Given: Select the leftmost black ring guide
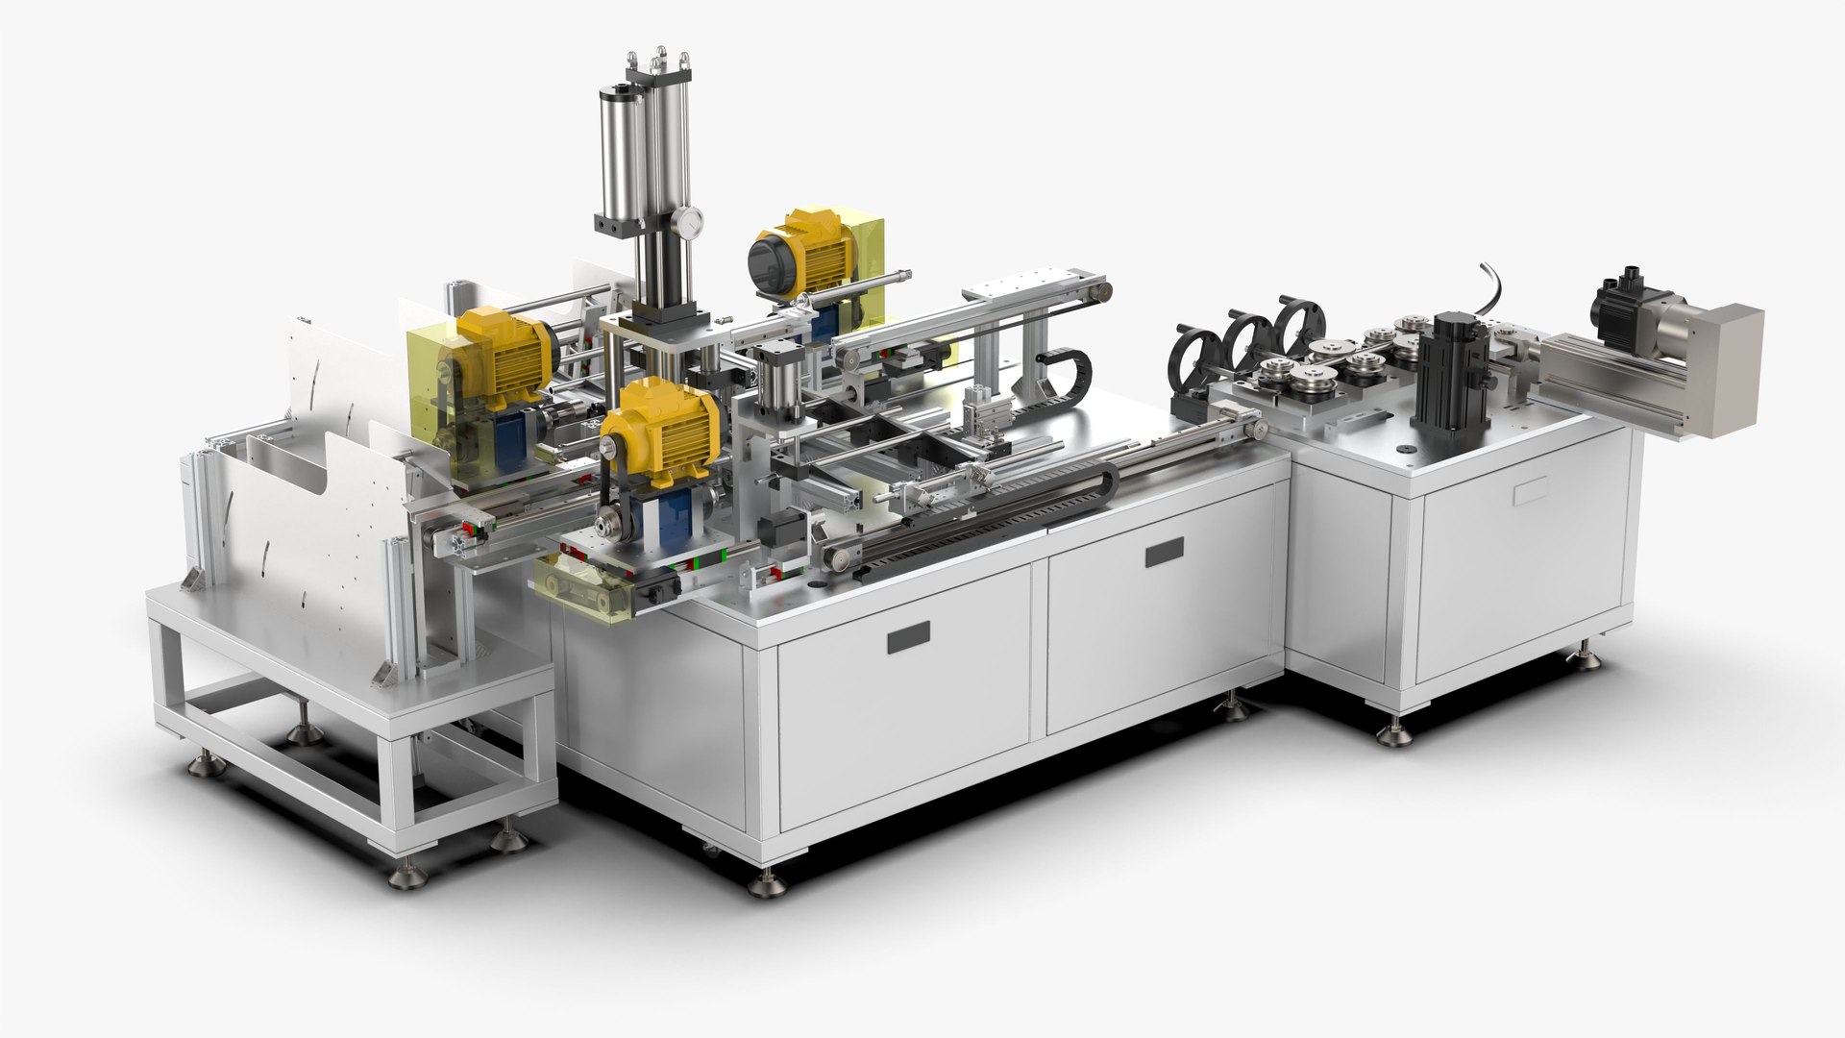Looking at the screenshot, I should [x=1192, y=360].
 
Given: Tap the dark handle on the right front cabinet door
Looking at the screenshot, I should [x=1164, y=552].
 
